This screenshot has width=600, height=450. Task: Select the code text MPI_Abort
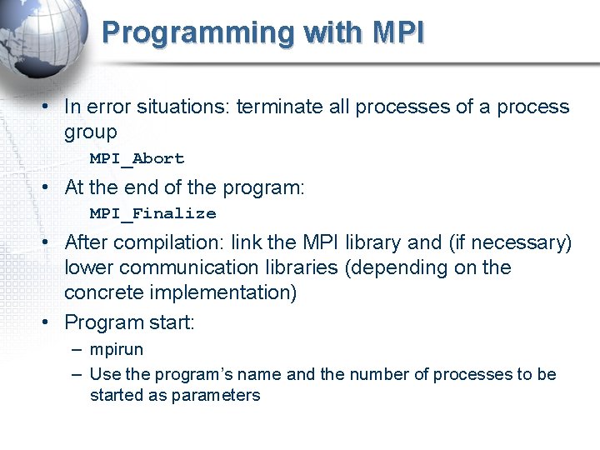coord(137,158)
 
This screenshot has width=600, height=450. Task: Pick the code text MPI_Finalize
coord(152,213)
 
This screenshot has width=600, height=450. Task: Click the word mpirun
coord(116,350)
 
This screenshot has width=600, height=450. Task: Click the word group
coord(91,132)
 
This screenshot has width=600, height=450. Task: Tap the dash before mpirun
coord(76,350)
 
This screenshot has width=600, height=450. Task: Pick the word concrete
coord(98,292)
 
